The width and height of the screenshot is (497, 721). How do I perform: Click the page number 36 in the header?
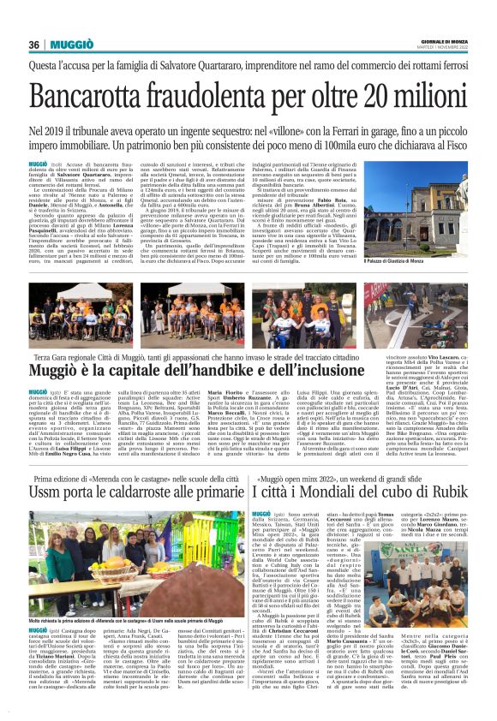click(x=34, y=45)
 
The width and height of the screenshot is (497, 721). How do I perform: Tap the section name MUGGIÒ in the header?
click(x=72, y=45)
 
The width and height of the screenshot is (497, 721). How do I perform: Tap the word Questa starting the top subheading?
click(x=49, y=65)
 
